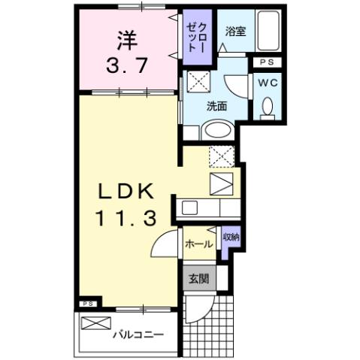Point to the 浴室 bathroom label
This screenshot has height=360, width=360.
click(234, 32)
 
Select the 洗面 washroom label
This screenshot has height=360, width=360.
click(217, 106)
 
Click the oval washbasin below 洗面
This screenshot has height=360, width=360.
click(218, 129)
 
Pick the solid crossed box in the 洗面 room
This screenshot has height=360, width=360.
click(198, 82)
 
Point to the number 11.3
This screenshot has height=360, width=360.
click(126, 219)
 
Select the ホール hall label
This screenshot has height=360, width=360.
click(198, 244)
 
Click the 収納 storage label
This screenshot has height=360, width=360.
click(231, 238)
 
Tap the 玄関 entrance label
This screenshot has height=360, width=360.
click(198, 279)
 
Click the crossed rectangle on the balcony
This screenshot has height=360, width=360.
click(95, 324)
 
